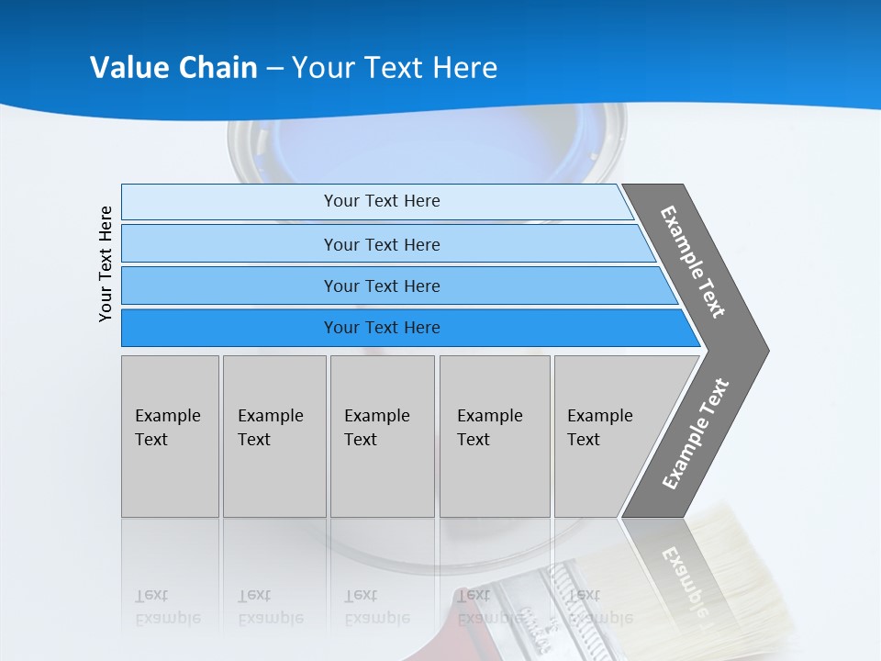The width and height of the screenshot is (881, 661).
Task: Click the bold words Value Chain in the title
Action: coord(173,67)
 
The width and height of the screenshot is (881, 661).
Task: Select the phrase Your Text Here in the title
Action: coord(395,67)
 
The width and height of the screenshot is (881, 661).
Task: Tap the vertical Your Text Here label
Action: coord(106,264)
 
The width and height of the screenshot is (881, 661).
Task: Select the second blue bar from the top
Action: coord(381,244)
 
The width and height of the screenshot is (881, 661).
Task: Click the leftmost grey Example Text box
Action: coord(170,436)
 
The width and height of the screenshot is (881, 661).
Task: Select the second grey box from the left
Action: coord(274,436)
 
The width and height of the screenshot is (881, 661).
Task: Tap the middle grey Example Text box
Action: coord(382,436)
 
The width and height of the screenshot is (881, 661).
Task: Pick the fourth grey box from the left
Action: coord(495,436)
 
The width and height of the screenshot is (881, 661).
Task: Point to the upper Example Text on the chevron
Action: coord(693,262)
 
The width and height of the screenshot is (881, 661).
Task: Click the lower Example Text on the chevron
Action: coord(696,433)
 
